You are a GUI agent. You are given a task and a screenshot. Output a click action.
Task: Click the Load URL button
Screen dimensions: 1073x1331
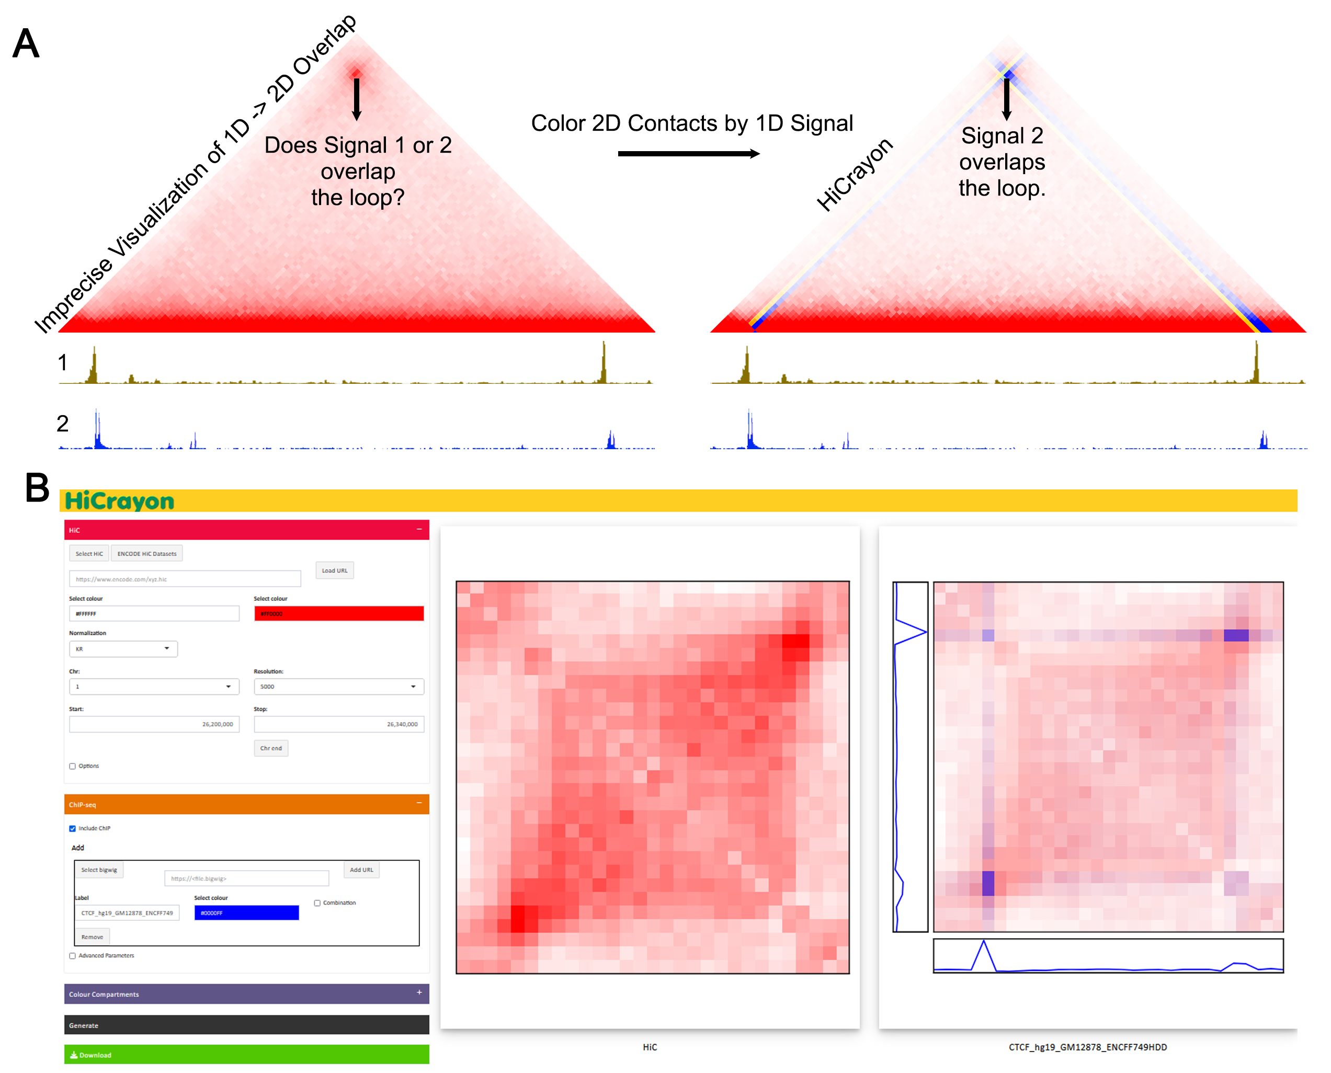click(x=335, y=570)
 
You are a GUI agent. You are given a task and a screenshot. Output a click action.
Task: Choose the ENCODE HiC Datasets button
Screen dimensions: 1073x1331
click(x=146, y=554)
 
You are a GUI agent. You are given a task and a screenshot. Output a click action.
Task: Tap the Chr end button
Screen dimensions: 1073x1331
click(x=271, y=748)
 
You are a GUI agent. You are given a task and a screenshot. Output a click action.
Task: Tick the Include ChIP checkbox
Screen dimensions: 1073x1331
click(x=73, y=828)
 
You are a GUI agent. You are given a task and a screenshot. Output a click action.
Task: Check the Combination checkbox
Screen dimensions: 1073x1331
click(x=317, y=903)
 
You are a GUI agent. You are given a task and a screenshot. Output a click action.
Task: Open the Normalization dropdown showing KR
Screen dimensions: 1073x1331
click(x=123, y=649)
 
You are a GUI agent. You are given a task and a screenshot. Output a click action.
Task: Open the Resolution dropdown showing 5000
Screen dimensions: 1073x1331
click(x=338, y=687)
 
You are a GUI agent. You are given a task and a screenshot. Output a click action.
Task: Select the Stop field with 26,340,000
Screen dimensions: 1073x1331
click(x=338, y=724)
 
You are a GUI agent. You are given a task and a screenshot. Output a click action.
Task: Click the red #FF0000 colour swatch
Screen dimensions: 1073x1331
click(x=338, y=614)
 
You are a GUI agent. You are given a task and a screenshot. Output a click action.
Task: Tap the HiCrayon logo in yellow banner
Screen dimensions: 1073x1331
click(x=119, y=500)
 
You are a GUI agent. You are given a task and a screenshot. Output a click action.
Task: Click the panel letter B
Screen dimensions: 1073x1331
click(x=37, y=488)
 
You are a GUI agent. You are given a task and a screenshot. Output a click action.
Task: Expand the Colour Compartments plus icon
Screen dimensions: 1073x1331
click(x=419, y=992)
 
